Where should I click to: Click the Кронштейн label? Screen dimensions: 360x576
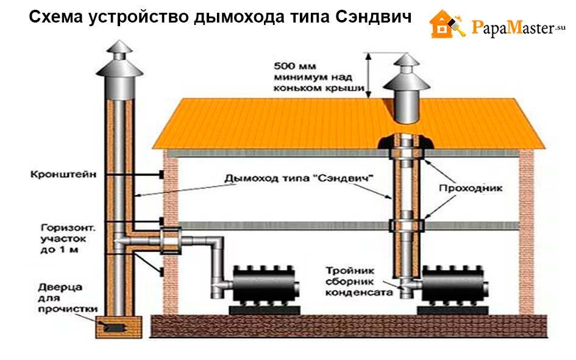click(57, 174)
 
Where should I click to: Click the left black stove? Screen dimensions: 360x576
click(260, 284)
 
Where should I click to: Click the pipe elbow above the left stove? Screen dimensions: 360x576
click(215, 247)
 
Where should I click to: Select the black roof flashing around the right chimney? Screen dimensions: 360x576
click(405, 143)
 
